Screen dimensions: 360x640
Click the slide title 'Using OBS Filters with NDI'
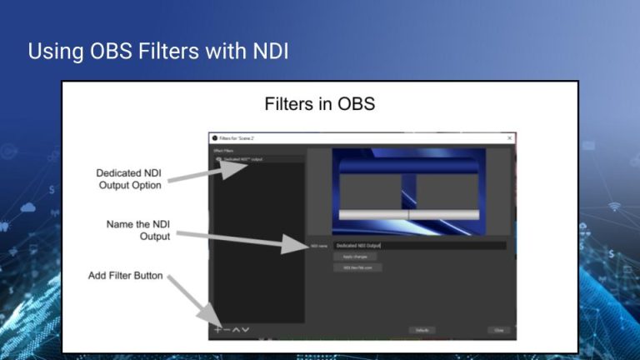(158, 51)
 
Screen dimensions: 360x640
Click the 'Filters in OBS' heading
(320, 104)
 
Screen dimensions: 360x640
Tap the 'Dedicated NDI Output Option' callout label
(129, 179)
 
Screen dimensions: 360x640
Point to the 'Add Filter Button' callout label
(126, 276)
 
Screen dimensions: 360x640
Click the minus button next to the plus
(227, 330)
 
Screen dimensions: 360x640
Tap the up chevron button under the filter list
(237, 330)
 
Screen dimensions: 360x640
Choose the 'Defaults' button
(422, 330)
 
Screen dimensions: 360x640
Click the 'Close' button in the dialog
(498, 330)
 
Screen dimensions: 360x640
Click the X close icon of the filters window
(509, 137)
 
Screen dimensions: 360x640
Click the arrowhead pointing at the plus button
(208, 320)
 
